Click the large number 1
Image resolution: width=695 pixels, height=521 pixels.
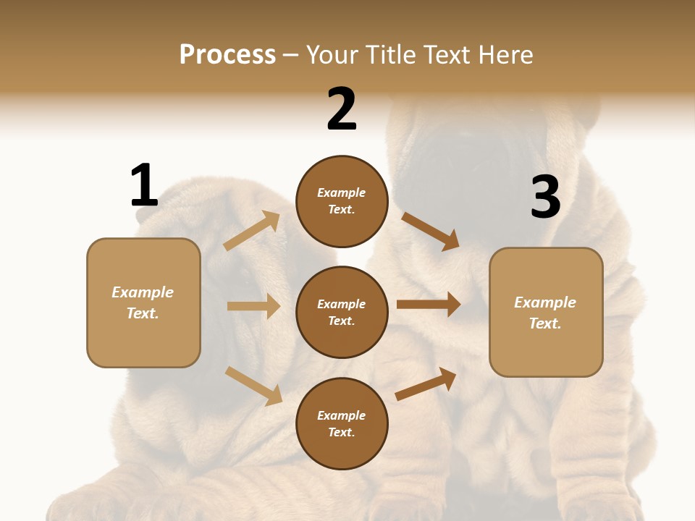point(144,185)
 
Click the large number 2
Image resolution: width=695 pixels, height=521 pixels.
point(342,109)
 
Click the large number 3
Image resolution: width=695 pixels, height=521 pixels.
point(545,198)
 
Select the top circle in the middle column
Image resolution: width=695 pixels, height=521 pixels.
point(342,201)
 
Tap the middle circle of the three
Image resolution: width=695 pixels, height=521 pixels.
point(342,312)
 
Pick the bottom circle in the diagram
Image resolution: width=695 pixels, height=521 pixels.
point(342,423)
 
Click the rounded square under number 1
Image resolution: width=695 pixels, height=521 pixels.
point(143,302)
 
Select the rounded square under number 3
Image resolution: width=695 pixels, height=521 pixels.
point(546,312)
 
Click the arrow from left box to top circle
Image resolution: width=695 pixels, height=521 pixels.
point(252,230)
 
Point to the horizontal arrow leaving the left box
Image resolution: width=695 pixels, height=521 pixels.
point(253,306)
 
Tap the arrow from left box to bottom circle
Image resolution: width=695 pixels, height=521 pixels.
point(253,385)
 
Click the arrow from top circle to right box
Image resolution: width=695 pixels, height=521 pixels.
point(430,231)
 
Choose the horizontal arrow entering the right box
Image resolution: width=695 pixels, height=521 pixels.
point(428,305)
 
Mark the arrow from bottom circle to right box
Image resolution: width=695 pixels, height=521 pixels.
point(426,384)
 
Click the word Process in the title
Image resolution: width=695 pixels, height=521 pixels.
point(227,54)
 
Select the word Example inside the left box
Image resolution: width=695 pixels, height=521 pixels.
point(143,292)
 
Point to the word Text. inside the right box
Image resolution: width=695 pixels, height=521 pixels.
point(545,323)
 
